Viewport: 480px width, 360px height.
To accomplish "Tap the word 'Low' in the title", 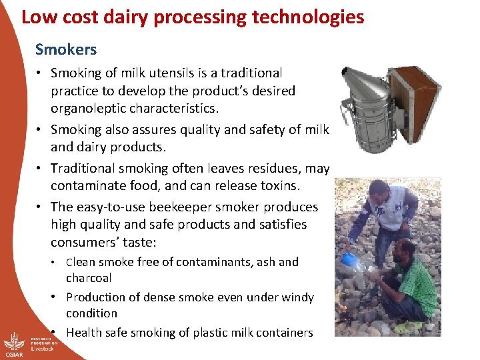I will pyautogui.click(x=36, y=17).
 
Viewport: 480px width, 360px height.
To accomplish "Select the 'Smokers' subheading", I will pyautogui.click(x=66, y=49).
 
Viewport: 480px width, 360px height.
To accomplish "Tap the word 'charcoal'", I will pyautogui.click(x=89, y=278).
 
